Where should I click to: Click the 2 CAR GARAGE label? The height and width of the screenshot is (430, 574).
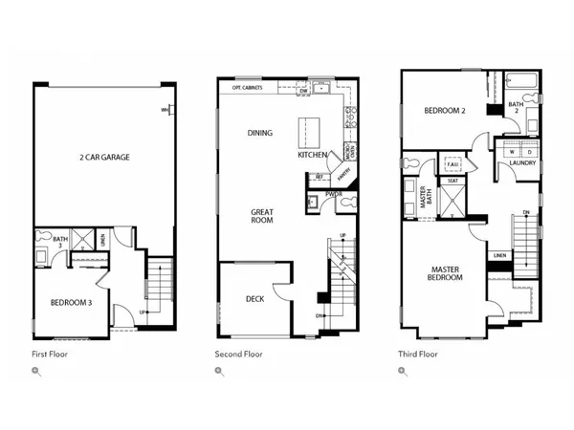pyautogui.click(x=104, y=157)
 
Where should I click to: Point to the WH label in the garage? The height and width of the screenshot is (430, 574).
pyautogui.click(x=165, y=110)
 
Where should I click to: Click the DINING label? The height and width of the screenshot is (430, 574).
pyautogui.click(x=260, y=133)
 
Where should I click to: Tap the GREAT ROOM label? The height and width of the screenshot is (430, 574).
pyautogui.click(x=262, y=215)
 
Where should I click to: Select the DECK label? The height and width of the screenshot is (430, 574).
pyautogui.click(x=255, y=299)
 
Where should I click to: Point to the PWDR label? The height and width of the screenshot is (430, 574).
pyautogui.click(x=334, y=194)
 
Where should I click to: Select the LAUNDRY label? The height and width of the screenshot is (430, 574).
pyautogui.click(x=521, y=162)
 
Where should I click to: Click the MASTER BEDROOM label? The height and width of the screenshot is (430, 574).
pyautogui.click(x=445, y=272)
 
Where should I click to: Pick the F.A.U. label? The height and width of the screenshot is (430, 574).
pyautogui.click(x=453, y=165)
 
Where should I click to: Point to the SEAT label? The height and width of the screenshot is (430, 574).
pyautogui.click(x=453, y=180)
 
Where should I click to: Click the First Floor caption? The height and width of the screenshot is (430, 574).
pyautogui.click(x=50, y=354)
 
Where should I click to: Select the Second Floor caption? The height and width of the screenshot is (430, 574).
pyautogui.click(x=238, y=354)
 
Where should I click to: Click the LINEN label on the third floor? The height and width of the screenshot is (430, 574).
pyautogui.click(x=499, y=255)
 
